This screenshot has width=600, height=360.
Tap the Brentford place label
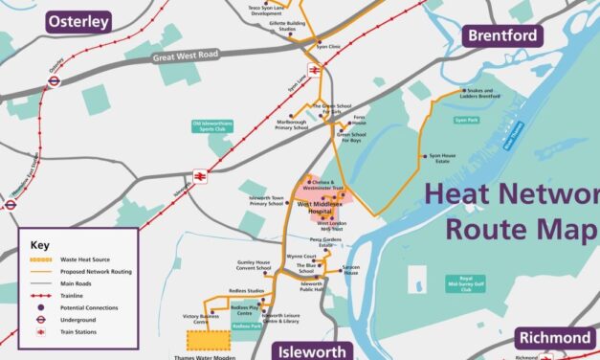[x=503, y=36]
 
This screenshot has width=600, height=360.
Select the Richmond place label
[x=556, y=339]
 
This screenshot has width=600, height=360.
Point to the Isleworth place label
[x=313, y=351]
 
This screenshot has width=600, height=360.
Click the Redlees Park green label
[x=247, y=326]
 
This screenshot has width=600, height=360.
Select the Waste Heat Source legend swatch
[x=38, y=259]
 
